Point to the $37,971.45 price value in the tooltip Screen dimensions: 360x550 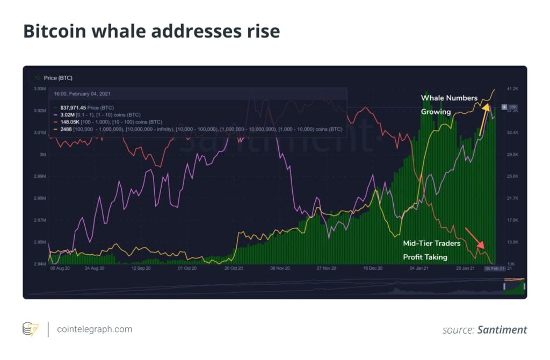click(76, 108)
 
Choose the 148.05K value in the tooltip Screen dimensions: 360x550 click(69, 122)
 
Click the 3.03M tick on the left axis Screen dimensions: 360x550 click(39, 89)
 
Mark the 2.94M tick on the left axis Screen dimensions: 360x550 click(39, 264)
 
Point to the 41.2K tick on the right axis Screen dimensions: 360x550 click(512, 89)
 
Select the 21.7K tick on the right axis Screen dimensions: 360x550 click(512, 198)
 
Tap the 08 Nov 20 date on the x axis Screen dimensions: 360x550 click(280, 268)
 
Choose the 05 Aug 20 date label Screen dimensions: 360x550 click(60, 268)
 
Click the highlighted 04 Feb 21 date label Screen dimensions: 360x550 click(494, 268)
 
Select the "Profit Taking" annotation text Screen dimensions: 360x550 click(425, 257)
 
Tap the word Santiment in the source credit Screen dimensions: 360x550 click(502, 330)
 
